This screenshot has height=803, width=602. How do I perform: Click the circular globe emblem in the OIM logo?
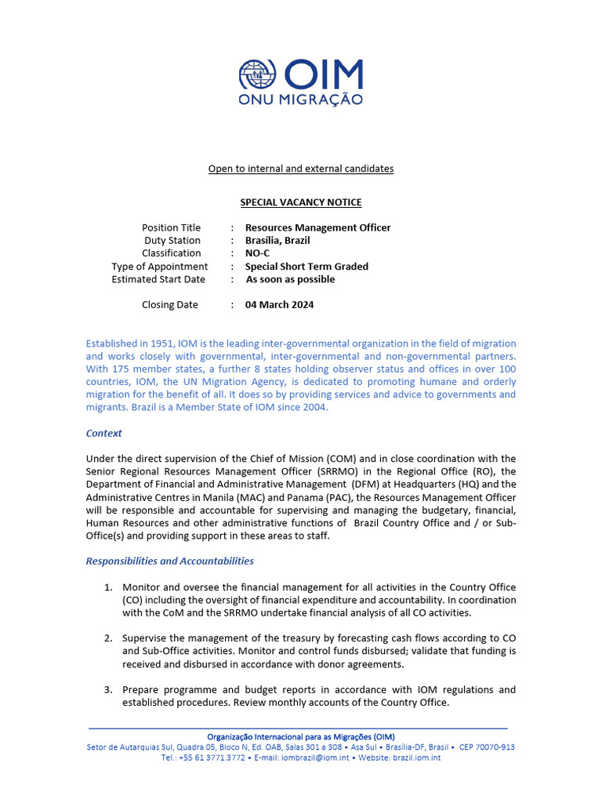[259, 74]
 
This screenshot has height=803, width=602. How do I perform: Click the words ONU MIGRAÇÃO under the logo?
[301, 100]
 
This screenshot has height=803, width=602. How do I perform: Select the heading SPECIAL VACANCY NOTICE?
[301, 202]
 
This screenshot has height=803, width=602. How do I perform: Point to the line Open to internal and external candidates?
[301, 169]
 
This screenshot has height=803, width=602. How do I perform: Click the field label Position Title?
[171, 227]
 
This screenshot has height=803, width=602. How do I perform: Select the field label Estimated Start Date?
[158, 279]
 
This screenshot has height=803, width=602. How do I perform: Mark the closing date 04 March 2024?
[279, 305]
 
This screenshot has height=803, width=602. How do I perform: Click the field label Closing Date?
[170, 305]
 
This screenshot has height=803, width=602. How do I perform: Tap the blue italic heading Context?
[103, 433]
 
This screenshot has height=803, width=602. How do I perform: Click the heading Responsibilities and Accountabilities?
[169, 561]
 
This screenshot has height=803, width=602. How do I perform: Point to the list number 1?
[108, 587]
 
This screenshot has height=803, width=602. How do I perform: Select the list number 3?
[108, 690]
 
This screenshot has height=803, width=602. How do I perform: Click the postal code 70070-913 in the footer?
[497, 747]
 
